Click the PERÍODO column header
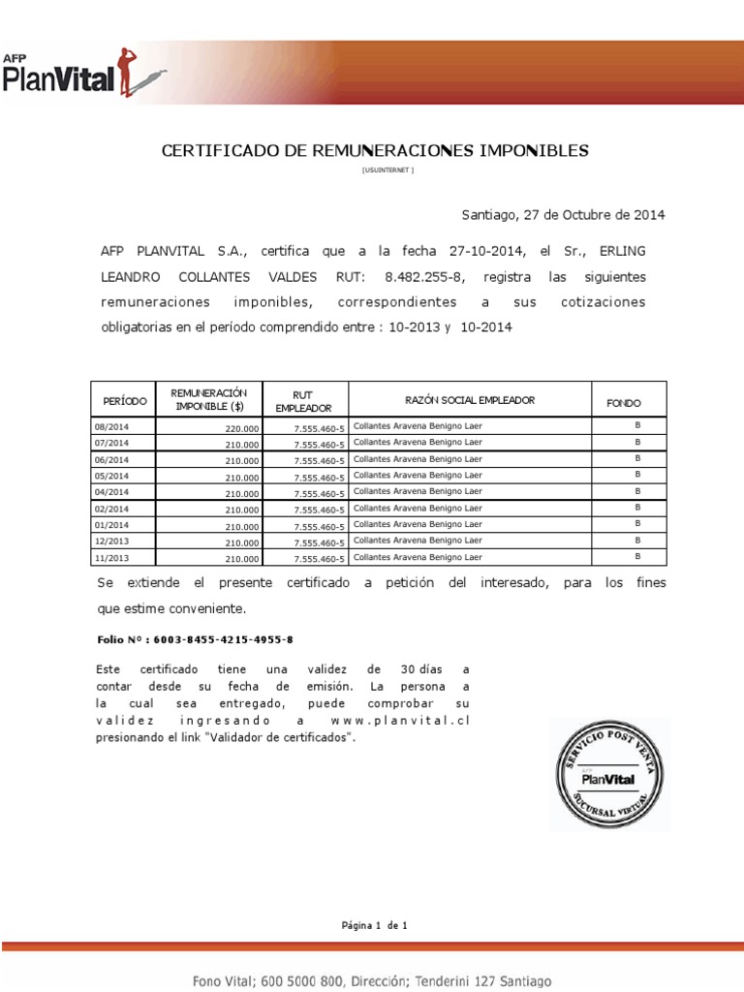coord(125,401)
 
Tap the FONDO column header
coord(623,403)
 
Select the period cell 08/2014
coord(111,427)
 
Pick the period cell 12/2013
coord(111,542)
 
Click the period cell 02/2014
coord(111,510)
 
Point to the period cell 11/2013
coord(111,559)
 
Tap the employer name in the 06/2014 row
coord(418,459)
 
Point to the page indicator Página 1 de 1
coord(374,925)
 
